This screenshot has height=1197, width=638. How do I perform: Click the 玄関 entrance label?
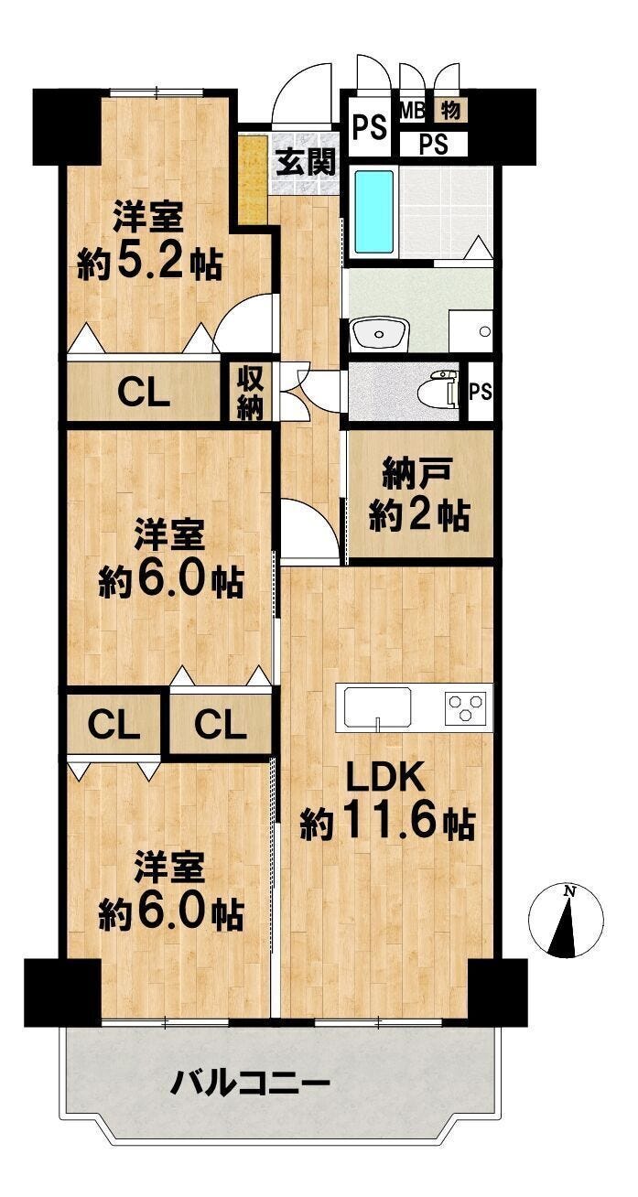(307, 162)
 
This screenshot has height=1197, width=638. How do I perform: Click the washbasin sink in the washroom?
(379, 333)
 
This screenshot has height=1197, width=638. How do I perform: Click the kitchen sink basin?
(378, 707)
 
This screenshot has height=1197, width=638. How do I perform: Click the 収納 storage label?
(251, 393)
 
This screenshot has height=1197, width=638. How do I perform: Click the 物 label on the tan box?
(450, 110)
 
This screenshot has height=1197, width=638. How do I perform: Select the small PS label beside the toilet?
(481, 392)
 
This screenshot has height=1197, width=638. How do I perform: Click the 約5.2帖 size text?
(149, 264)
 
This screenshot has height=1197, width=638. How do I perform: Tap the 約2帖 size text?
(419, 516)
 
